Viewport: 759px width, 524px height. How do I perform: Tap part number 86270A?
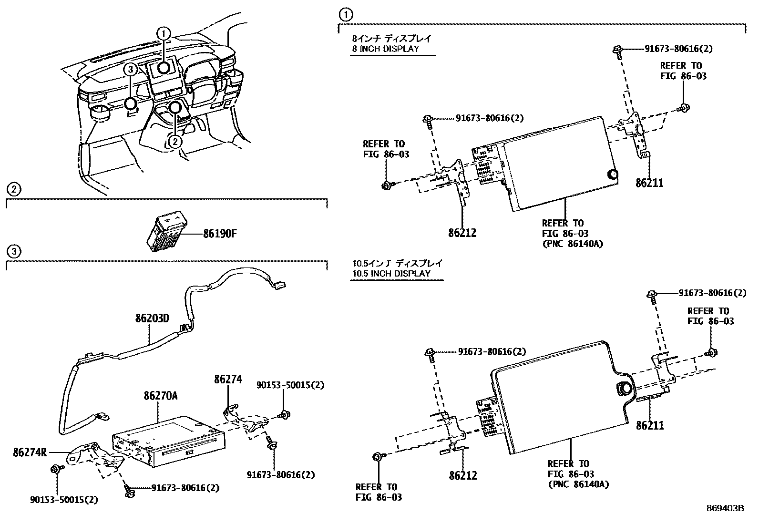point(161,396)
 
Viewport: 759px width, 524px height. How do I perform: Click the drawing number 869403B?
point(725,508)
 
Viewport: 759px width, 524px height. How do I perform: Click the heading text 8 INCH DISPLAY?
point(386,49)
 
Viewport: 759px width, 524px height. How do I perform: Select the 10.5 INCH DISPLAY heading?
point(391,274)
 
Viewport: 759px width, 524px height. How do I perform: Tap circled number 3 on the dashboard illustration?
point(131,69)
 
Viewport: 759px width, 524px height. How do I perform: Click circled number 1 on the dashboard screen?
point(164,33)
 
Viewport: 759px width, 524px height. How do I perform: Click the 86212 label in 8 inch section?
point(462,233)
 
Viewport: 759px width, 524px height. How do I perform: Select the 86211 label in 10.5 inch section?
point(649,425)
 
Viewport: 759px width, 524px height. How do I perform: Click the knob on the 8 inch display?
point(613,175)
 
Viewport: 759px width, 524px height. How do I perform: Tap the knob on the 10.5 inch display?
point(624,389)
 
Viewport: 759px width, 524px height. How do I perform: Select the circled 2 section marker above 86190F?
point(14,190)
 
